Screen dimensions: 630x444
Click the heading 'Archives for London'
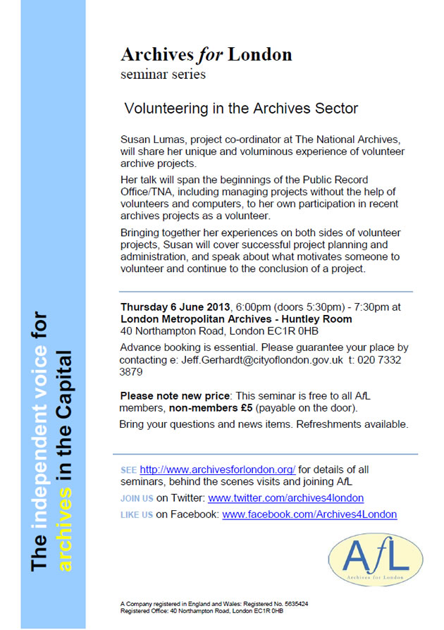(206, 54)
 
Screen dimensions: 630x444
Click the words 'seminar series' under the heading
(164, 73)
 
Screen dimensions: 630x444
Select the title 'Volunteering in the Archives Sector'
(241, 109)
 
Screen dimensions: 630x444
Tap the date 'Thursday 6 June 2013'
(170, 307)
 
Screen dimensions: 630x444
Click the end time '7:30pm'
(361, 307)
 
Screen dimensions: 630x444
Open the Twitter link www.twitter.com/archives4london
(285, 498)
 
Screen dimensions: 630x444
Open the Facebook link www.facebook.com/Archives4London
(309, 514)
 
